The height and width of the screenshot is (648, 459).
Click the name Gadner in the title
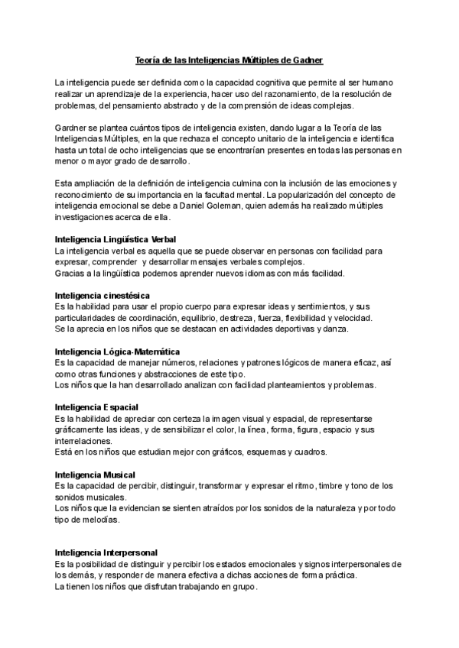click(x=314, y=59)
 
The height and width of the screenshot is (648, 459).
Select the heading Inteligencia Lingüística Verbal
click(x=116, y=240)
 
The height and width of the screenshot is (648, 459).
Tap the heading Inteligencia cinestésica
click(x=103, y=295)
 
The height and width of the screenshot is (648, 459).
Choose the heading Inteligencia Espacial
click(x=96, y=407)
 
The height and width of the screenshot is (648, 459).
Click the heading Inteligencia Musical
click(x=95, y=475)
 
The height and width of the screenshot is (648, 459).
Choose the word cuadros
click(x=311, y=452)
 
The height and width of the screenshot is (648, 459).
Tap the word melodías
click(x=99, y=520)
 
